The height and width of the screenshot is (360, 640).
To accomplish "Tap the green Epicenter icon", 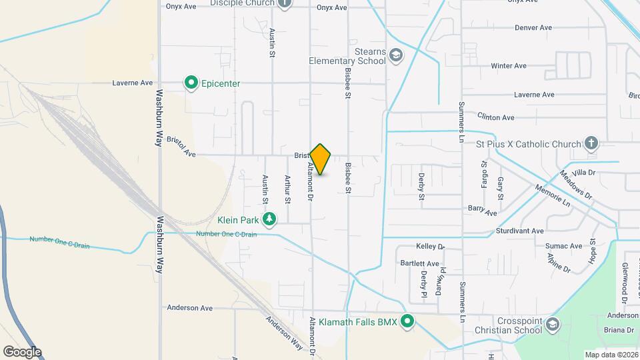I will point(191,83).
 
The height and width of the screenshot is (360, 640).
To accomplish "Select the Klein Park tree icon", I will point(269,219).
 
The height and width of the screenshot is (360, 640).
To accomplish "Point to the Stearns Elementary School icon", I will point(396,55).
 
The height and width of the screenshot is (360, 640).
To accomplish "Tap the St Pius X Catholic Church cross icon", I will point(591,143).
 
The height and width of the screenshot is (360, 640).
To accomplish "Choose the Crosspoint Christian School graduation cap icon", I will point(551,324).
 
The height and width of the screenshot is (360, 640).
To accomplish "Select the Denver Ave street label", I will point(533,28).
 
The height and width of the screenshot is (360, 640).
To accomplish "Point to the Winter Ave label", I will point(509,66).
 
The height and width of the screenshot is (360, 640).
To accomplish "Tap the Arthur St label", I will point(287,189).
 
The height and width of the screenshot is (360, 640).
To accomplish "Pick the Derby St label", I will point(421,186).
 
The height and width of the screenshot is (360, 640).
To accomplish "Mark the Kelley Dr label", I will point(430,247).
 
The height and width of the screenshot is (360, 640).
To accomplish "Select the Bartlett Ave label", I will point(420,264).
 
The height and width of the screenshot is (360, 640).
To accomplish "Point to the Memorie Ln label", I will point(553,193).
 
